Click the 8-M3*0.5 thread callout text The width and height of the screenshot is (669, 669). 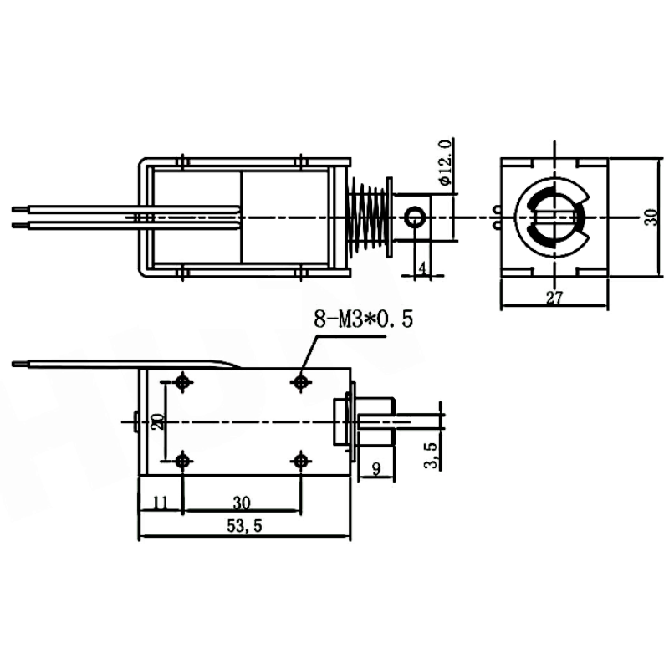point(364,319)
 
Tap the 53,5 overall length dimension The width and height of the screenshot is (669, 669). point(244,526)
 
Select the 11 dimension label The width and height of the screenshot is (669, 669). point(161,503)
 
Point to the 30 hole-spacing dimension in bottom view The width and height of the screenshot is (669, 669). point(242,503)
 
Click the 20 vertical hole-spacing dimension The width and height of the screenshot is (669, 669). point(159,421)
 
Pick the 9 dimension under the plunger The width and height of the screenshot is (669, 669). point(376,469)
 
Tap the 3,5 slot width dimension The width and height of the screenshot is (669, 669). point(432,455)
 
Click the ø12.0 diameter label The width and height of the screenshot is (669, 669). point(444,163)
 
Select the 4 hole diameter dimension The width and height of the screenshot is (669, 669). point(422,268)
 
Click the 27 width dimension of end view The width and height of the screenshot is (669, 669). point(554,298)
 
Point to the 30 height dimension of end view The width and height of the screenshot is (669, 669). point(651,217)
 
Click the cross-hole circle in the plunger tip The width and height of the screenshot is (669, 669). point(414,217)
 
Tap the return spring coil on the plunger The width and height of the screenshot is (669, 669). point(369,217)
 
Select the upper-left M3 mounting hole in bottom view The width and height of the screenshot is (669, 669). point(183,381)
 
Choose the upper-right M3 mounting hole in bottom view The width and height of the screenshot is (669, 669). point(301,381)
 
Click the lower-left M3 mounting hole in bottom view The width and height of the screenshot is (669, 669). point(183,461)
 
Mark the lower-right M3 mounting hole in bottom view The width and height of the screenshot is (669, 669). point(301,461)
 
